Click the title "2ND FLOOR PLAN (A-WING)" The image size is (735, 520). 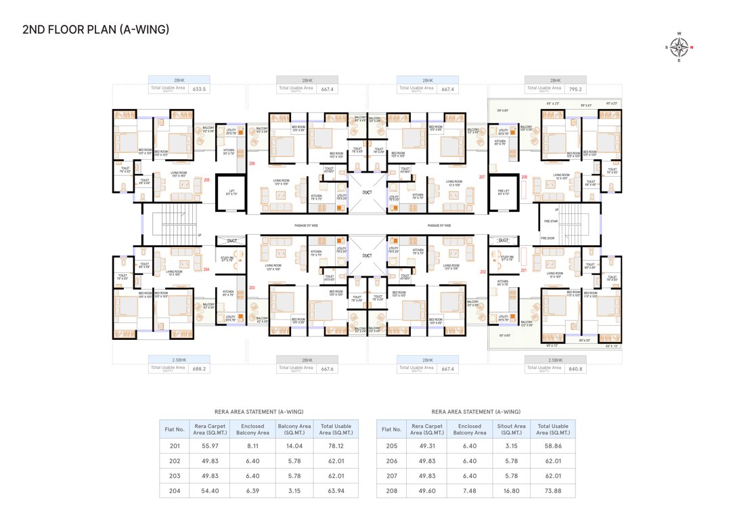[x=95, y=30]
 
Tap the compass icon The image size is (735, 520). [x=680, y=46]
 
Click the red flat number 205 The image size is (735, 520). [x=207, y=180]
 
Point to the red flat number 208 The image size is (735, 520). [x=524, y=177]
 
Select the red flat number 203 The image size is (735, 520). [x=252, y=288]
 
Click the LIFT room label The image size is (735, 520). [x=231, y=192]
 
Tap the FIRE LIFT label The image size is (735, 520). [x=502, y=192]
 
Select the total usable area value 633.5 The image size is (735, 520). [x=200, y=89]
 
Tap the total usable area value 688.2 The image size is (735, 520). [x=200, y=369]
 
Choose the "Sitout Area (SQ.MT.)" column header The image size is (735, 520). [x=511, y=429]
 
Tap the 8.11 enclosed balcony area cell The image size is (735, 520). [x=252, y=446]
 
